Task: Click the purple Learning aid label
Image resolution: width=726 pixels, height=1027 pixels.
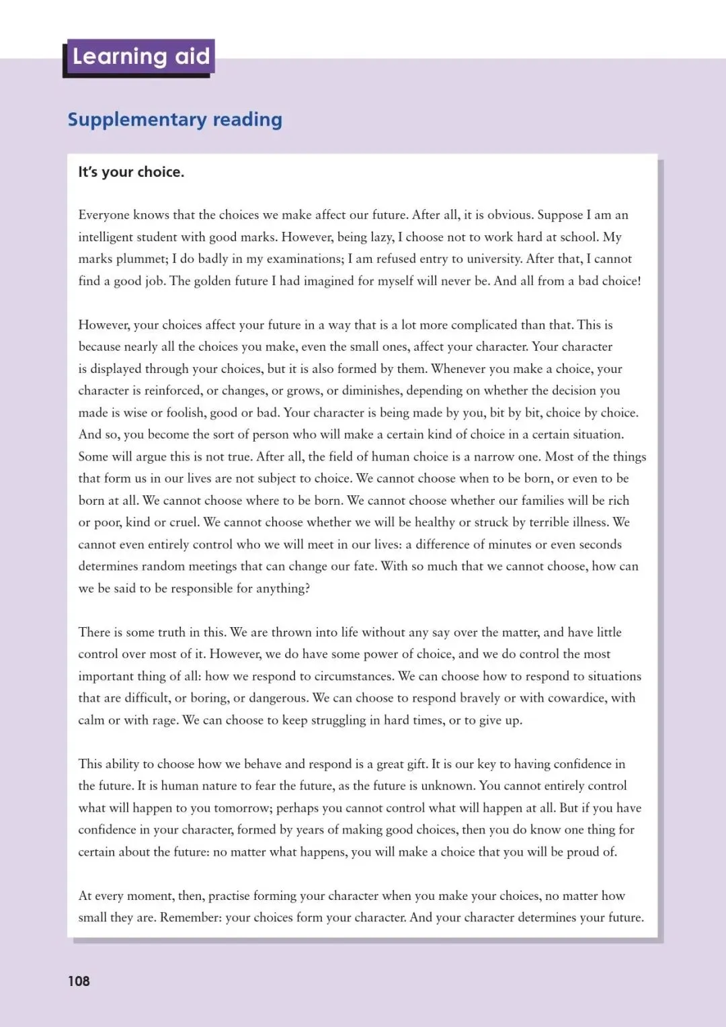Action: [140, 57]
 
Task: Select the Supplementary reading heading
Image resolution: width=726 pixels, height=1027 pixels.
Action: [175, 120]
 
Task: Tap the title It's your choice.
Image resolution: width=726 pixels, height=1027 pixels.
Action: [131, 172]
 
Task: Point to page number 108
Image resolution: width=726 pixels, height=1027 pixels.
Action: [79, 981]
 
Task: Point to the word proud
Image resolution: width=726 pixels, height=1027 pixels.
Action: [583, 852]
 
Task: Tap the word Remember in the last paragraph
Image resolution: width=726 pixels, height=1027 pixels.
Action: [190, 917]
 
